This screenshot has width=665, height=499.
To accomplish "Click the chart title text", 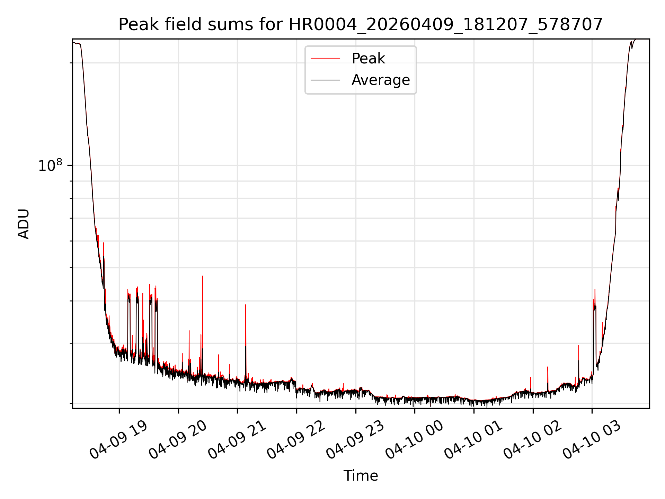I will [x=361, y=25].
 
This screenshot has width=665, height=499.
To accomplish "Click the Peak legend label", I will [x=368, y=59].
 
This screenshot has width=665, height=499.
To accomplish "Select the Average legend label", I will [x=380, y=80].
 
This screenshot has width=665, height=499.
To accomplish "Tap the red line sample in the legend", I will [x=325, y=59].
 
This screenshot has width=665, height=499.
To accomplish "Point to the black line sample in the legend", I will [x=325, y=80].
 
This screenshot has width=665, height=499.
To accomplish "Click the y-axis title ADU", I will [x=24, y=224].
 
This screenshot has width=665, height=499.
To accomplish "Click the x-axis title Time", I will [x=361, y=476].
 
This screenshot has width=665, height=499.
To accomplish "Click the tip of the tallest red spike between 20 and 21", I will [x=203, y=276].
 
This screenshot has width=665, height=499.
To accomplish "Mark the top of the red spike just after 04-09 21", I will [x=246, y=305].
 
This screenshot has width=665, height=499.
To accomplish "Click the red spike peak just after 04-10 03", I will [x=595, y=289].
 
